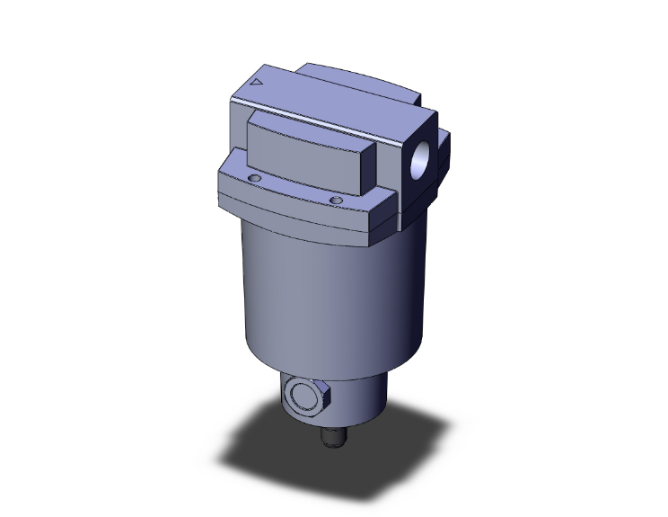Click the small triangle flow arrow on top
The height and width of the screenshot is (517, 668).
258,81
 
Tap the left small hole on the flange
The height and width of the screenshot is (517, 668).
255,181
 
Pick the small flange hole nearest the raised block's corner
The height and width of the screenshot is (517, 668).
336,199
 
